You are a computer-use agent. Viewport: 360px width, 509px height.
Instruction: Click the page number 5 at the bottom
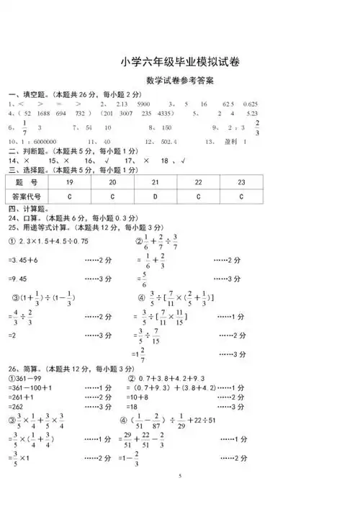(x=180, y=477)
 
